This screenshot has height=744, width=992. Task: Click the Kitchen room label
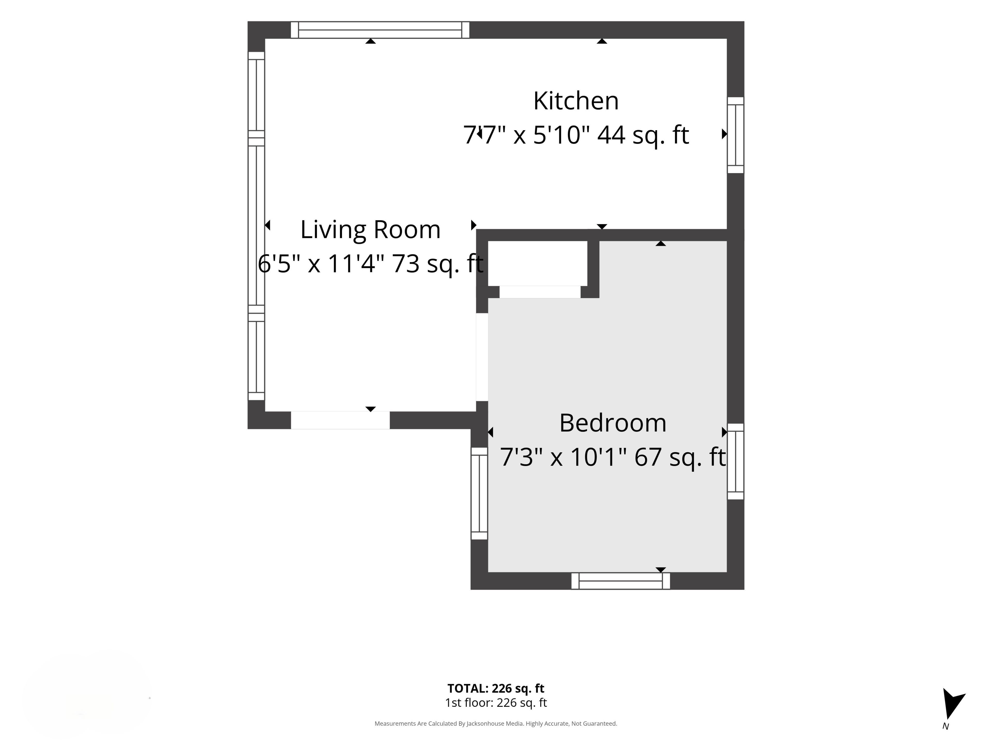(x=576, y=101)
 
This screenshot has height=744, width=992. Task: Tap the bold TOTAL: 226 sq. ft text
(x=495, y=688)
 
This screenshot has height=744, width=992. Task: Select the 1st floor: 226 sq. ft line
(x=495, y=703)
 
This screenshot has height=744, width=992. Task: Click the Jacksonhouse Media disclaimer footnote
(x=495, y=723)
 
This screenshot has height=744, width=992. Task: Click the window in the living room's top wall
(x=380, y=30)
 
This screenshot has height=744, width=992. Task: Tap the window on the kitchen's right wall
(x=735, y=135)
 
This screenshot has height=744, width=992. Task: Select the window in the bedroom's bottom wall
(x=621, y=581)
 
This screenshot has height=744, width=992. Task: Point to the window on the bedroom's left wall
(x=479, y=493)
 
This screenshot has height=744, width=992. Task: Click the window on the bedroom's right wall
(x=735, y=461)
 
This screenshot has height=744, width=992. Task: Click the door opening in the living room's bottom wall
(x=340, y=420)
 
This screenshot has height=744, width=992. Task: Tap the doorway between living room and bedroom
(x=482, y=357)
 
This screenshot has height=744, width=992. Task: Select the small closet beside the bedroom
(x=538, y=263)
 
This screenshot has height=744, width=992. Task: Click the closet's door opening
(x=540, y=292)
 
